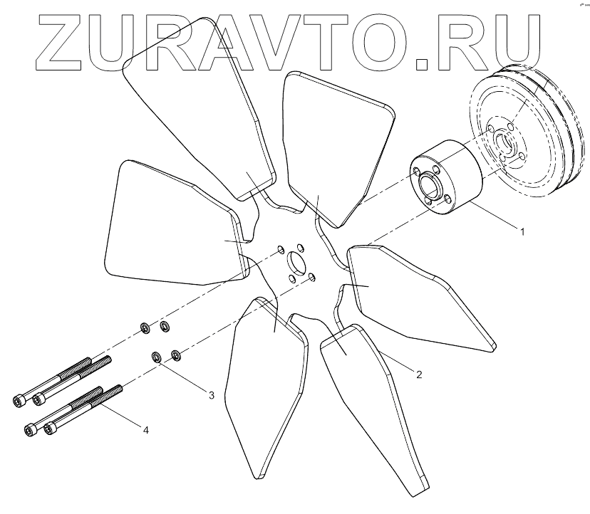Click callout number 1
point(523,231)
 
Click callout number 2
point(420,373)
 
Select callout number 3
point(211,395)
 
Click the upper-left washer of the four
point(144,328)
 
